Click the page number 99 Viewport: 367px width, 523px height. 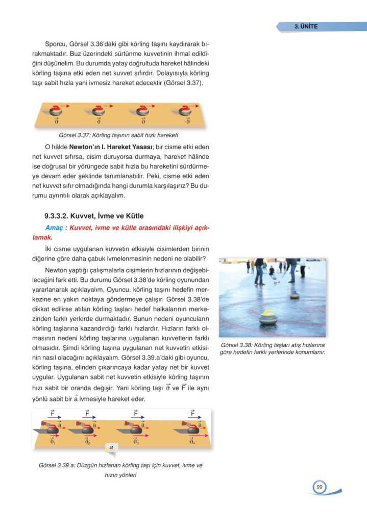click(319, 487)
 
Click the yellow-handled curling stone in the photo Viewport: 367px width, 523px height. click(268, 318)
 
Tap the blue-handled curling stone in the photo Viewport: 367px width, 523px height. click(295, 295)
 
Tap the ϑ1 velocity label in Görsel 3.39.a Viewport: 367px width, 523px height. click(52, 442)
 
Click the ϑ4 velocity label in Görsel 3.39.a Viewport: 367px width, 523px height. click(192, 442)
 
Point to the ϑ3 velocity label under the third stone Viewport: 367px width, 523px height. click(136, 442)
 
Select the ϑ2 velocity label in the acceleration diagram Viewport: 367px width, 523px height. click(87, 442)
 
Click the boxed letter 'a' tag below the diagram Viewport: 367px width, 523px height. click(111, 447)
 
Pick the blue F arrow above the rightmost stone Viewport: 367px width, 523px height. click(195, 416)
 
